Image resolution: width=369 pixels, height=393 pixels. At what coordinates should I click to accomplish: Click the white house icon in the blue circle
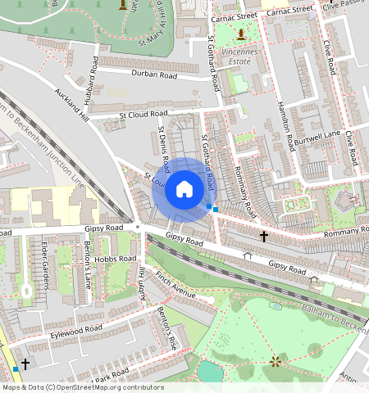(x=185, y=189)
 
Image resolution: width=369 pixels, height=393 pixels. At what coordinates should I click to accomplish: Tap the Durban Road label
(x=154, y=75)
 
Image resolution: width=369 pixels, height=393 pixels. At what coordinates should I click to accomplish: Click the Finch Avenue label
(x=175, y=287)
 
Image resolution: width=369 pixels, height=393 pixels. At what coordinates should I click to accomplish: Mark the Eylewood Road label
(x=75, y=330)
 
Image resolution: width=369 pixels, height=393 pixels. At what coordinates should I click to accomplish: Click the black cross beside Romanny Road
(x=264, y=237)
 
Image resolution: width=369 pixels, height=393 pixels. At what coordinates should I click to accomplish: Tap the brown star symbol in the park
(x=274, y=360)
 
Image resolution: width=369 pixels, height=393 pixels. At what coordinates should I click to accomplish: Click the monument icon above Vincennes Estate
(x=240, y=34)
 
